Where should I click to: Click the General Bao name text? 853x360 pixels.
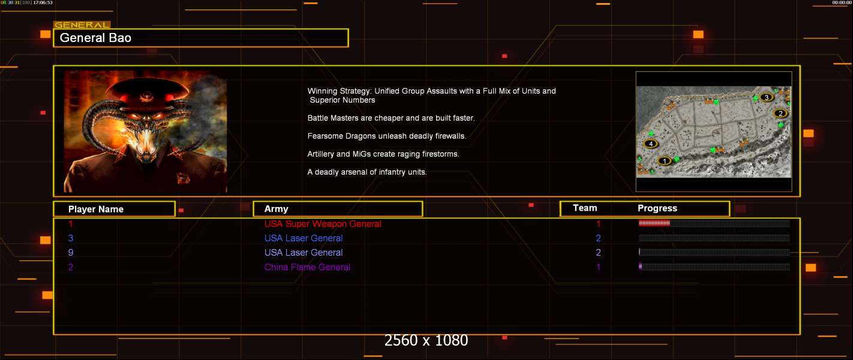point(95,38)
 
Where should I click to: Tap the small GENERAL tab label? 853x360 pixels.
point(82,25)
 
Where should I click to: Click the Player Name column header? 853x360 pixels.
point(96,209)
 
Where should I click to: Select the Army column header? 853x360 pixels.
point(276,209)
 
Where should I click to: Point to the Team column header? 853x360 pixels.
point(585,208)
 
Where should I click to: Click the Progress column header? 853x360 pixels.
point(657,208)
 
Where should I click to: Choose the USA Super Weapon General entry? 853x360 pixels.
point(323,224)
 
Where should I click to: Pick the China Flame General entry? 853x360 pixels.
point(307,267)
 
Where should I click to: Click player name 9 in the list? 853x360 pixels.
point(71,253)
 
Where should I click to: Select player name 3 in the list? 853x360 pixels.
point(71,238)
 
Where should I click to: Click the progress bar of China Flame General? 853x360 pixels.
point(714,266)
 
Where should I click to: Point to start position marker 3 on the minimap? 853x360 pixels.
point(767,97)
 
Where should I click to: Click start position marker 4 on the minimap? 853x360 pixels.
point(651,143)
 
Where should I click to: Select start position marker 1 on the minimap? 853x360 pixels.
point(665,161)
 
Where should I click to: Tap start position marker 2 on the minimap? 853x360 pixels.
point(780,113)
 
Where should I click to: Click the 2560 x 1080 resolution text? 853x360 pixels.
point(426,340)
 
